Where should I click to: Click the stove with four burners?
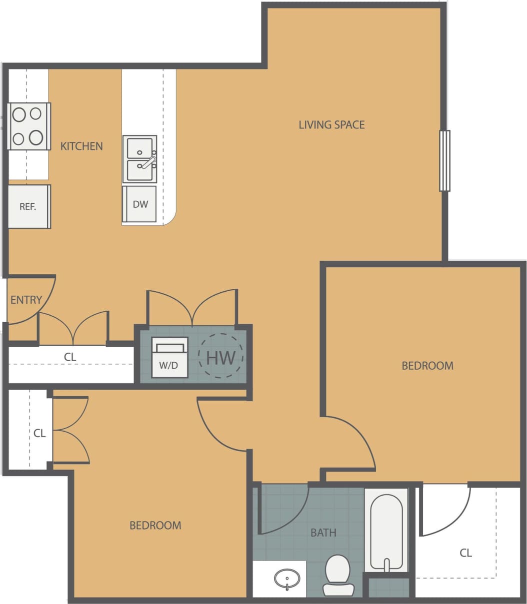click(x=28, y=126)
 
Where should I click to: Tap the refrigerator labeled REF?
click(x=28, y=206)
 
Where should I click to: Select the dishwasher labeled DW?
click(x=139, y=204)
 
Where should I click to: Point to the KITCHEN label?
click(x=81, y=146)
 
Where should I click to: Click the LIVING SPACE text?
click(x=331, y=124)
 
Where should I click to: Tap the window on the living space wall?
click(x=444, y=160)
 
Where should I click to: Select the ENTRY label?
click(x=26, y=300)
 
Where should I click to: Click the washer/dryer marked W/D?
click(x=169, y=358)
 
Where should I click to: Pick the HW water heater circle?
click(x=221, y=357)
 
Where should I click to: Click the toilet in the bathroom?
click(x=338, y=575)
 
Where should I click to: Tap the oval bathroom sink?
click(x=287, y=580)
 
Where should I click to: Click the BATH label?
click(x=323, y=533)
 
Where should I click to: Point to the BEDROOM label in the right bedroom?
click(x=427, y=366)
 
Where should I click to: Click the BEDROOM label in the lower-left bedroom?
click(x=155, y=525)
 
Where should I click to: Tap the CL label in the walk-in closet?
click(x=465, y=553)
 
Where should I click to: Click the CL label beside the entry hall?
click(x=70, y=357)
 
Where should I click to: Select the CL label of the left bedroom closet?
click(x=39, y=433)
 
